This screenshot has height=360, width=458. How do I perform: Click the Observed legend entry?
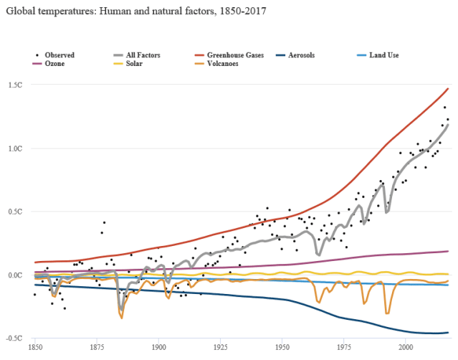[x=58, y=55]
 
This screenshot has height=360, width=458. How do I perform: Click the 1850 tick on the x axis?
[x=34, y=346]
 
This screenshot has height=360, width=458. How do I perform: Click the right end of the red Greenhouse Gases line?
[x=449, y=88]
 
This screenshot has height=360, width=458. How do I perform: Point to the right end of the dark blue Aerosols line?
[x=449, y=332]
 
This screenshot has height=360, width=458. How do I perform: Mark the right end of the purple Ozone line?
[x=449, y=251]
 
